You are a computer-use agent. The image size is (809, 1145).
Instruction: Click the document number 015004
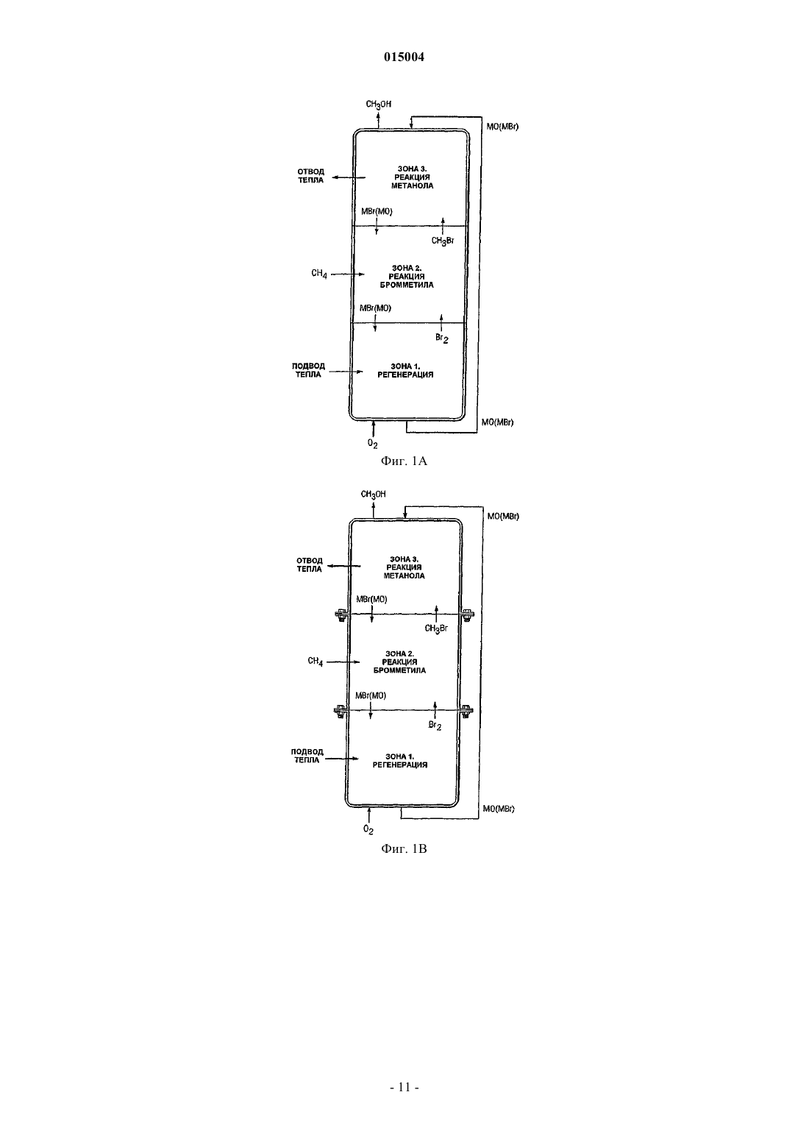[404, 57]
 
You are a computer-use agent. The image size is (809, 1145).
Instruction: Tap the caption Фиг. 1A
[404, 461]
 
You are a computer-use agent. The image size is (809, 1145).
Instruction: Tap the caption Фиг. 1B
[404, 849]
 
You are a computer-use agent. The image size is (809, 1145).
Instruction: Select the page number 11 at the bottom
[404, 1087]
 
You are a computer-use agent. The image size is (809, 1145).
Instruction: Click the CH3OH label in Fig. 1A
[379, 104]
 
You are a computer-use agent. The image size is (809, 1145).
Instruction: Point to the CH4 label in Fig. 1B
[315, 662]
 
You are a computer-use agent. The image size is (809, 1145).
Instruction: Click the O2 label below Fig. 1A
[372, 444]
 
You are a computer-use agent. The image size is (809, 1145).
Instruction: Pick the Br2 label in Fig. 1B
[435, 726]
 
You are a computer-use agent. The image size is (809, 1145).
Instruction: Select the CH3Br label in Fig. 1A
[442, 241]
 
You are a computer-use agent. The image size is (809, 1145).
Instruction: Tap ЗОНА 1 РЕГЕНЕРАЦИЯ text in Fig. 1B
[400, 761]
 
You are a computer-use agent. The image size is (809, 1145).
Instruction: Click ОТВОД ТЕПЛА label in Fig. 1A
[310, 176]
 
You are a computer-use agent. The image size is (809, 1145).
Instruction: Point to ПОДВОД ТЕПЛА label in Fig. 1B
[307, 756]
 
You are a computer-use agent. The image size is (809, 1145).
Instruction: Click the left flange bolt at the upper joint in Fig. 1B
[341, 615]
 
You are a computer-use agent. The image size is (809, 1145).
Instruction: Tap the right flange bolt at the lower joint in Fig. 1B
[466, 711]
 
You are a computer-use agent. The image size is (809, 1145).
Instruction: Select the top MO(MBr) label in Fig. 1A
[502, 127]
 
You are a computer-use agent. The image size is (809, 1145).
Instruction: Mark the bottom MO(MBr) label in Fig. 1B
[499, 809]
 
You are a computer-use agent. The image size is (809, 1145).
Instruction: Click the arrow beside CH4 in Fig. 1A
[348, 274]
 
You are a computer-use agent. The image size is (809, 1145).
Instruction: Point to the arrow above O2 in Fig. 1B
[368, 815]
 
